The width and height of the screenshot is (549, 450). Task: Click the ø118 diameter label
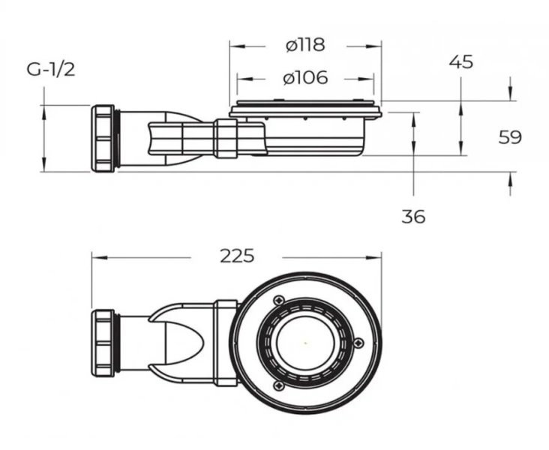click(x=306, y=45)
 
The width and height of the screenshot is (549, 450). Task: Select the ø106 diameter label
click(x=306, y=77)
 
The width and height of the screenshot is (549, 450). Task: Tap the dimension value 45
click(x=461, y=62)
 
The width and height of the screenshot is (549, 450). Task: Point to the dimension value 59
click(x=509, y=137)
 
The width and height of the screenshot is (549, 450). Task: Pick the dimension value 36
click(x=413, y=217)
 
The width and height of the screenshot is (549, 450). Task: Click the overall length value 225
click(x=238, y=256)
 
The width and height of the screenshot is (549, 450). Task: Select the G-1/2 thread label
click(x=51, y=70)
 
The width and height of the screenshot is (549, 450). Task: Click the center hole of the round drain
click(x=305, y=343)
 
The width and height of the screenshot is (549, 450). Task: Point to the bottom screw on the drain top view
click(x=278, y=385)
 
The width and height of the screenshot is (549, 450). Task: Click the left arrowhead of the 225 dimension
click(x=95, y=257)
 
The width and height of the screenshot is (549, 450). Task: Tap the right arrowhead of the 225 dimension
click(x=378, y=257)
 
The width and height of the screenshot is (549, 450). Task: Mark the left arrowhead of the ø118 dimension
click(x=233, y=45)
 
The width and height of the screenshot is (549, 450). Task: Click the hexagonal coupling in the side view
click(x=226, y=137)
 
